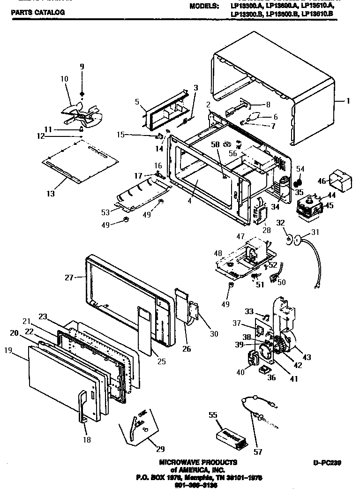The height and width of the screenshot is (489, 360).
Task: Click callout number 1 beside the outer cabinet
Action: click(x=348, y=100)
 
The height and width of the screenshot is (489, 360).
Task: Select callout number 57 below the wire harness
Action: click(x=258, y=452)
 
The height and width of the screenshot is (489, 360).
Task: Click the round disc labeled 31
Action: click(x=296, y=241)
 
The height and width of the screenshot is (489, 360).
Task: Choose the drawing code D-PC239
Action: click(x=327, y=463)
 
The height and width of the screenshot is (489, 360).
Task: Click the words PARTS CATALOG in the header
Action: click(x=37, y=13)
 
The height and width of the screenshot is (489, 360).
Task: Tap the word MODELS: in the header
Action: click(x=204, y=7)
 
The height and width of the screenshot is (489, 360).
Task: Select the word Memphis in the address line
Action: click(x=205, y=477)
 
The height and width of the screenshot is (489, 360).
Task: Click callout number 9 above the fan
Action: click(x=82, y=67)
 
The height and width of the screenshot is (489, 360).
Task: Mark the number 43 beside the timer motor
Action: click(x=307, y=358)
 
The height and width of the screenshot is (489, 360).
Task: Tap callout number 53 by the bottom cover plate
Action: click(x=105, y=213)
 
